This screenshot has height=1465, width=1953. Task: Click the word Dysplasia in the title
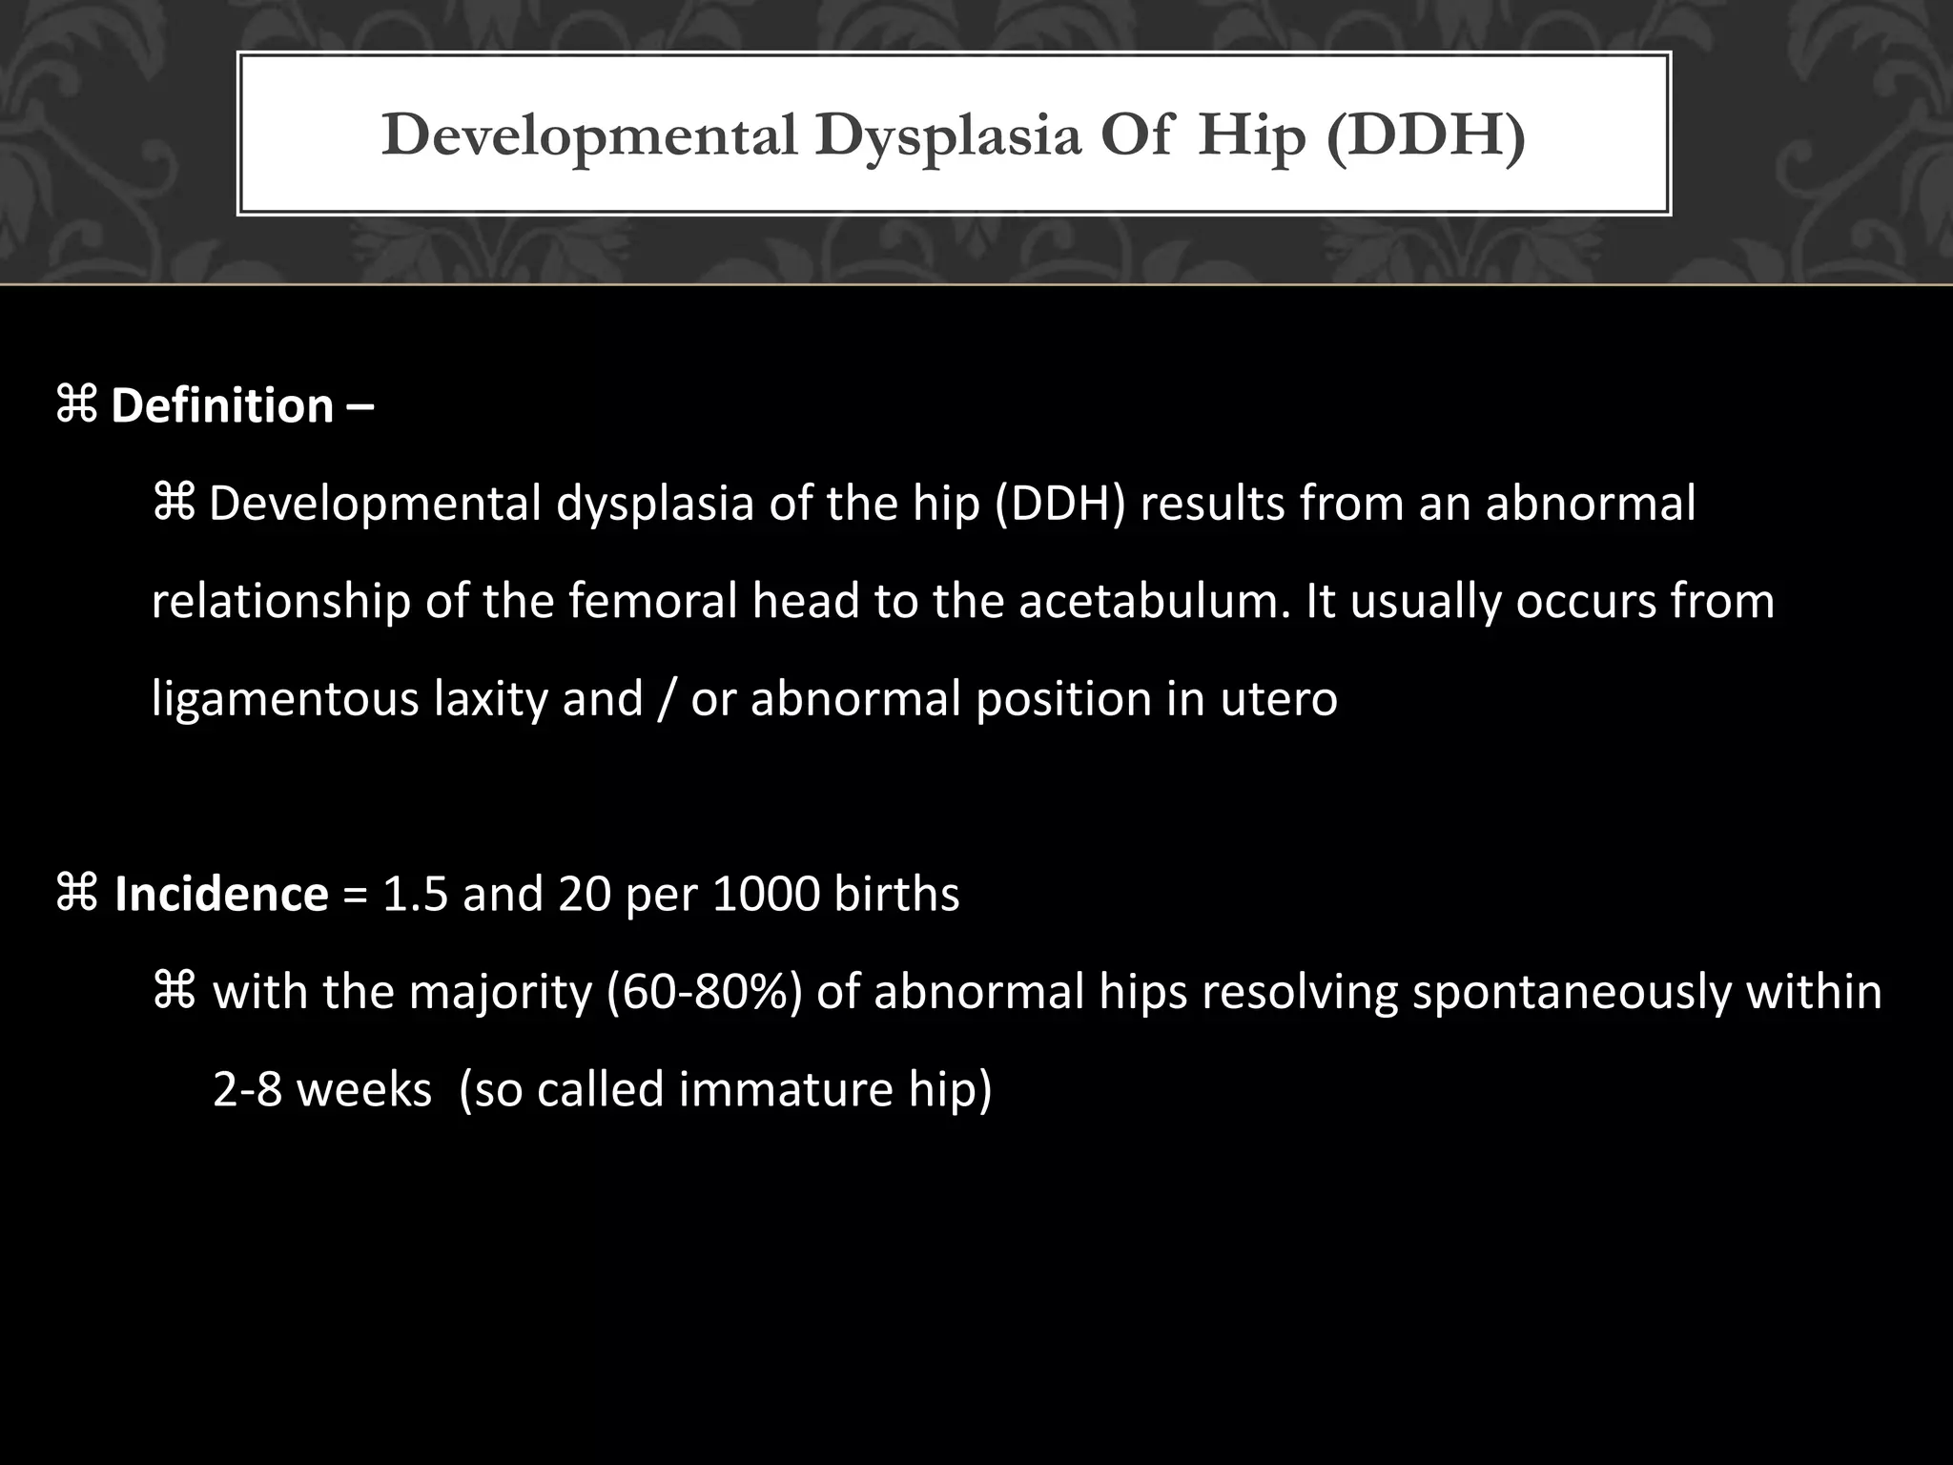tap(948, 135)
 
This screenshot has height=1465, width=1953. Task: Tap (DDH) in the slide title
tap(1425, 135)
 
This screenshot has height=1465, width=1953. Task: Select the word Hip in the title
tap(1251, 135)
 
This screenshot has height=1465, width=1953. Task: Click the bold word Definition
tap(222, 405)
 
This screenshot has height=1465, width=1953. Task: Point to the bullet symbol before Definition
tap(76, 405)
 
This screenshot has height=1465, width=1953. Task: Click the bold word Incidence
tap(221, 894)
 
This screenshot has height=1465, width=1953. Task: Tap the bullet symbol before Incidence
tap(76, 894)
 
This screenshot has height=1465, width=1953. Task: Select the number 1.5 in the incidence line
tap(415, 894)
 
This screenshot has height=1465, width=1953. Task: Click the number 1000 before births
tap(766, 894)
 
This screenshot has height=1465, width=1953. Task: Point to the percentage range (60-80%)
tap(706, 992)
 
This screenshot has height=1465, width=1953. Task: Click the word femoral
tap(653, 602)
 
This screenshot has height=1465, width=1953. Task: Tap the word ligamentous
tap(284, 699)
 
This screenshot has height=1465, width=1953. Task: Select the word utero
tap(1279, 699)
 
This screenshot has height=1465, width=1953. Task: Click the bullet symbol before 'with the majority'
tap(174, 992)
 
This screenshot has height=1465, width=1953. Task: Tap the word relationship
tap(281, 602)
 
